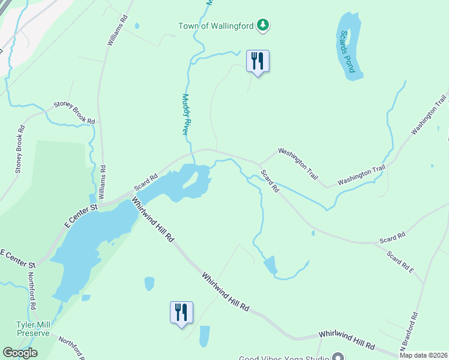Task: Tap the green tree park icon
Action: tap(262, 25)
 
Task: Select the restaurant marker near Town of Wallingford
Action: tap(258, 61)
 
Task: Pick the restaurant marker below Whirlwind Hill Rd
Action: tap(181, 313)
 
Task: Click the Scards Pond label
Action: tap(347, 52)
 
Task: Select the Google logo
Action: tap(20, 353)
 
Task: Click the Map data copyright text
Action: tap(423, 355)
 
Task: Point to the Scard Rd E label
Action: tap(400, 263)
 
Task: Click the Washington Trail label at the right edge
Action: tap(430, 114)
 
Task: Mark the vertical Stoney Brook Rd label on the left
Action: tap(19, 149)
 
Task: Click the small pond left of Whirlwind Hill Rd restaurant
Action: tap(149, 283)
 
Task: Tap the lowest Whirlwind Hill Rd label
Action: tap(346, 339)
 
